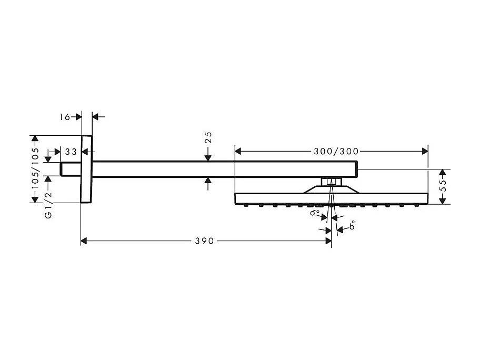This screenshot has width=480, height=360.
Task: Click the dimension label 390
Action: [204, 241]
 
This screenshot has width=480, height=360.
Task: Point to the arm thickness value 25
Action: [208, 138]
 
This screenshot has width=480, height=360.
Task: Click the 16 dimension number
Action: [64, 117]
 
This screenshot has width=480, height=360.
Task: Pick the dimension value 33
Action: [71, 152]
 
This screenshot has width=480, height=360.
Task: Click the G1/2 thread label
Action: [48, 205]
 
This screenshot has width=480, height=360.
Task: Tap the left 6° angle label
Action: [315, 213]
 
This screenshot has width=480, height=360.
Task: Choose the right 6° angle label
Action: [352, 226]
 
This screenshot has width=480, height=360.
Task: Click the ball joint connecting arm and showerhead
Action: [330, 183]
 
